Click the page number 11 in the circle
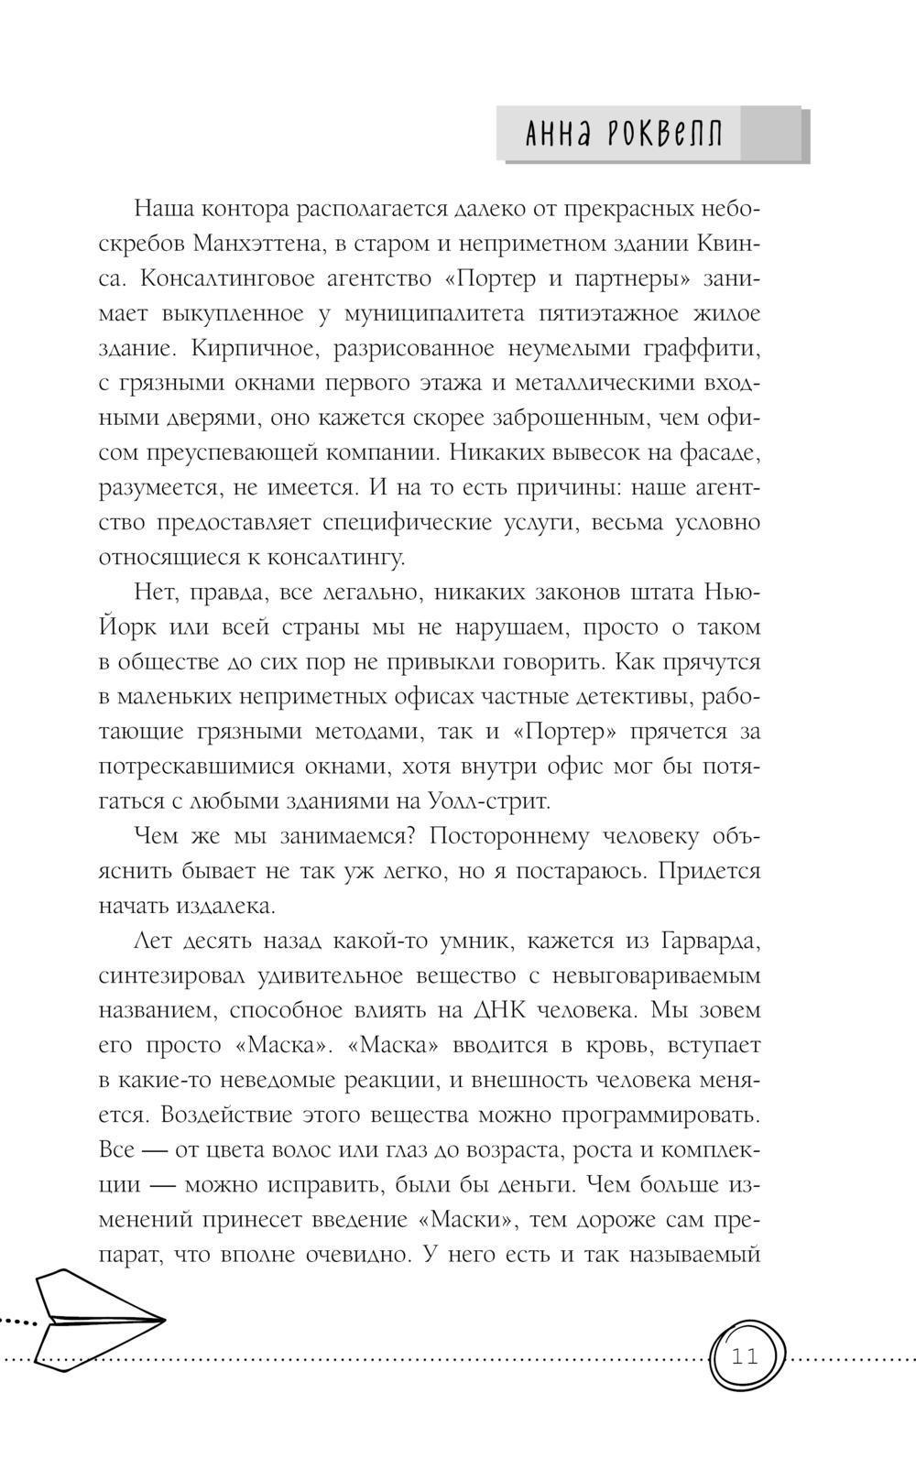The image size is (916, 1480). pos(746,1356)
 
